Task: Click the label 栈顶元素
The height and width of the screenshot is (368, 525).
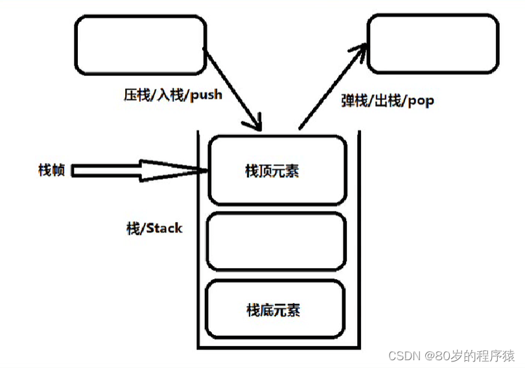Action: coord(272,171)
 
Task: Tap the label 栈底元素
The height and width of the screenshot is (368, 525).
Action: coord(274,310)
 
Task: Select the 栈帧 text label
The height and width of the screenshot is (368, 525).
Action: coord(51,170)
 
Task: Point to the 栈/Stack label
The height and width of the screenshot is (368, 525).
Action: coord(154,228)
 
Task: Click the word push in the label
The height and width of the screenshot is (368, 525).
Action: coord(206,95)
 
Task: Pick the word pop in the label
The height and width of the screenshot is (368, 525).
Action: coord(421,101)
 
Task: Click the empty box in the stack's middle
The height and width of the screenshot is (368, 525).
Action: coord(276,241)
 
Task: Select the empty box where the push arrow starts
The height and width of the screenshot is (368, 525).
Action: coord(140,45)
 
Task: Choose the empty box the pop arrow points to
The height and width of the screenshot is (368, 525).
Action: coord(433,44)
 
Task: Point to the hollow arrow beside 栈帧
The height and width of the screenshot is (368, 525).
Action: coord(139,171)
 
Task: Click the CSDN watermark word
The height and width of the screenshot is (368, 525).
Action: coord(404,356)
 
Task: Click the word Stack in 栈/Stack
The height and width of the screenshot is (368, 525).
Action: coord(165,228)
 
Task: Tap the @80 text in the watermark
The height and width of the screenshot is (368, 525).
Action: coord(437,356)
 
